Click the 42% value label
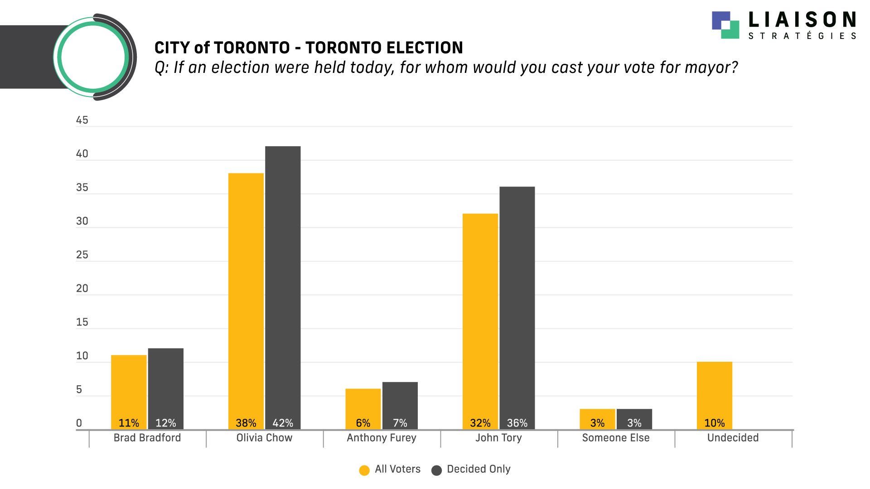coord(283,423)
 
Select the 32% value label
coord(480,423)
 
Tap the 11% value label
coord(129,423)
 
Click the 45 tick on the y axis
coord(82,120)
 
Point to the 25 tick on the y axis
coord(82,255)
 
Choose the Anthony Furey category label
coord(382,438)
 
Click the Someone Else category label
coord(616,438)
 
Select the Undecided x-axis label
coord(733,438)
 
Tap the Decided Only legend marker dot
coord(437,470)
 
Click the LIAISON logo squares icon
coord(725,25)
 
